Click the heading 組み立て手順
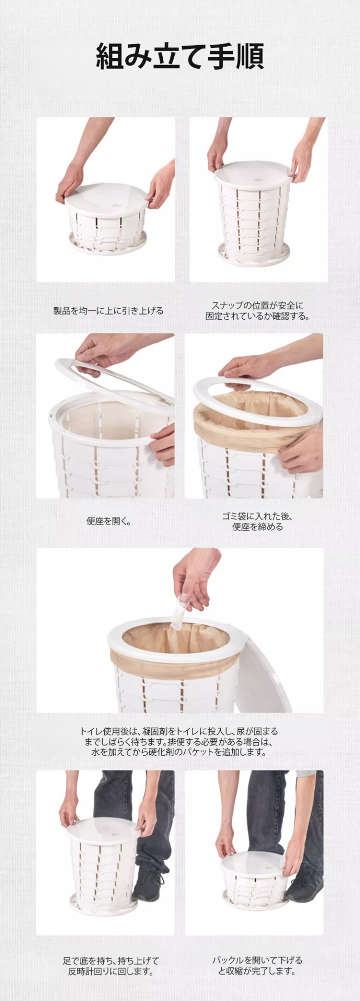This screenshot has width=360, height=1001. point(180,56)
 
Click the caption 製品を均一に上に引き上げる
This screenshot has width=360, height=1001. point(108,311)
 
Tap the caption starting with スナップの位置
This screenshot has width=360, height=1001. point(258,311)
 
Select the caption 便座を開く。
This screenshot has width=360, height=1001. point(108,521)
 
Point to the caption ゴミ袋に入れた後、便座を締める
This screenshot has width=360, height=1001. point(258,521)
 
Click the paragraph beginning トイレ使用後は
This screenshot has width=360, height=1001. point(179,742)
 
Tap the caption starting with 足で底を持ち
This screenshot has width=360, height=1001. point(110,966)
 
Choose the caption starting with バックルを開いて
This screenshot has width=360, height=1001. point(257,965)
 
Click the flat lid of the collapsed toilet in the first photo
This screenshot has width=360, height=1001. point(106,194)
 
